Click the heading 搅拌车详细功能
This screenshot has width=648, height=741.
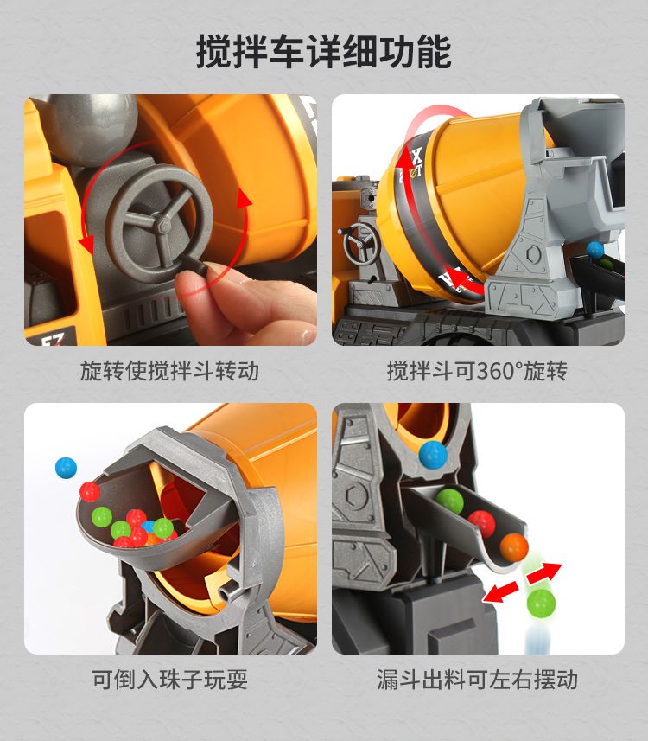[x=323, y=51]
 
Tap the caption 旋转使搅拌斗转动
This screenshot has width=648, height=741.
[x=169, y=371]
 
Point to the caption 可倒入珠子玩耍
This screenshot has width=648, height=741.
[x=169, y=680]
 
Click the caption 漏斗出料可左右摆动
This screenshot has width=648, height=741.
[x=477, y=680]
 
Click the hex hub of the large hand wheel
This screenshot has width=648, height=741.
[x=162, y=222]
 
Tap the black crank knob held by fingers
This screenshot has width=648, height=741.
[x=194, y=266]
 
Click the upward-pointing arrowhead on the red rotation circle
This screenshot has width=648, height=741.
[x=244, y=199]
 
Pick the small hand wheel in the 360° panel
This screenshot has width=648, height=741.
[x=361, y=242]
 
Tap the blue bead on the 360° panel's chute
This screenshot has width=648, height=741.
[x=594, y=249]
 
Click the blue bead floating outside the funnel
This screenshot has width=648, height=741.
[x=66, y=468]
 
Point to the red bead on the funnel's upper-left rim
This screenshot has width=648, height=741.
[x=90, y=491]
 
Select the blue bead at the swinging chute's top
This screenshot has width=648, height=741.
[x=433, y=455]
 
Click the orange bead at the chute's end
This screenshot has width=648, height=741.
[x=514, y=547]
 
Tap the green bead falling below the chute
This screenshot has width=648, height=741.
[x=541, y=602]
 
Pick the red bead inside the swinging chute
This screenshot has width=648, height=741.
[x=481, y=524]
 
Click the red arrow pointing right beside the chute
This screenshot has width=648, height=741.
[x=543, y=573]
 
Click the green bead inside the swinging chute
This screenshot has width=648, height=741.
[x=449, y=501]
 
